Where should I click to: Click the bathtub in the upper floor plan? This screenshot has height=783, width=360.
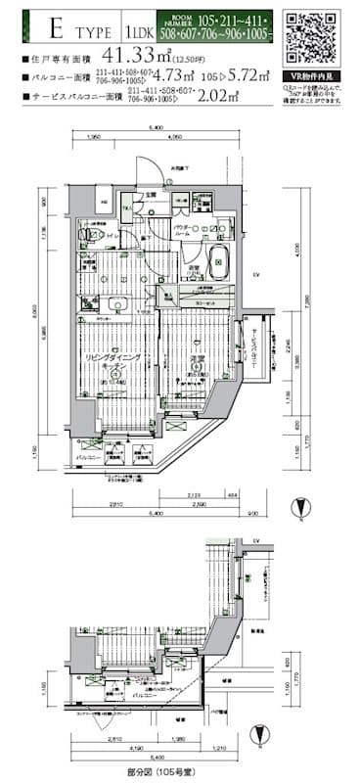pos(218,261)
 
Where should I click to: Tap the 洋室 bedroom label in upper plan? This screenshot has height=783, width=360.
pos(195,361)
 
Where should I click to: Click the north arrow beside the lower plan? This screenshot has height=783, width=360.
pos(256,737)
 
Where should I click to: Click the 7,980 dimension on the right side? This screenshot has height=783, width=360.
pos(306,303)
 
